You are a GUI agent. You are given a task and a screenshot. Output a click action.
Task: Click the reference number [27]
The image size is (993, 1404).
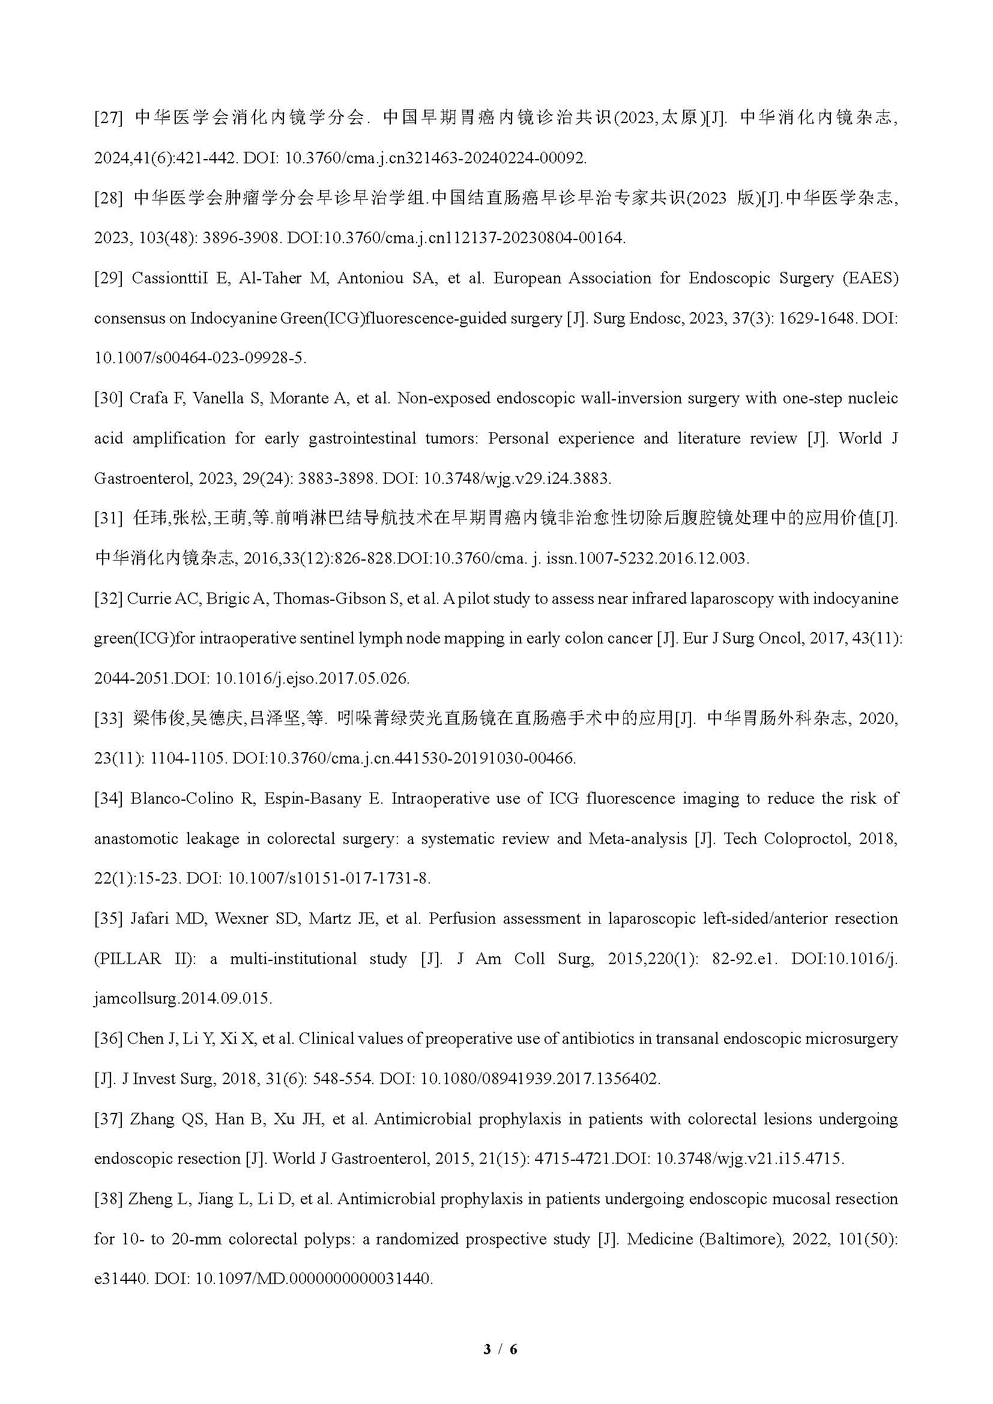pyautogui.click(x=108, y=118)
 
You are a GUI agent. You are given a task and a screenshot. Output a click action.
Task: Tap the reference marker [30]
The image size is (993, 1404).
pyautogui.click(x=108, y=399)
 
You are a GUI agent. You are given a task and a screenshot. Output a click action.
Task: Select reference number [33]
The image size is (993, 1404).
pyautogui.click(x=108, y=719)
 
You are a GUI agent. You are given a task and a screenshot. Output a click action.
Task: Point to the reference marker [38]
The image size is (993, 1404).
pyautogui.click(x=108, y=1199)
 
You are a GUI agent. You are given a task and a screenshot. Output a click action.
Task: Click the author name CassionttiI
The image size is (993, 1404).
pyautogui.click(x=169, y=279)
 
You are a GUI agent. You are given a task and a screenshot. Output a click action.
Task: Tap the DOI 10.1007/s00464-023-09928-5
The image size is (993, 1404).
pyautogui.click(x=200, y=358)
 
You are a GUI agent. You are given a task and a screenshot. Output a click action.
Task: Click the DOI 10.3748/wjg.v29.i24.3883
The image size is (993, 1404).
pyautogui.click(x=517, y=478)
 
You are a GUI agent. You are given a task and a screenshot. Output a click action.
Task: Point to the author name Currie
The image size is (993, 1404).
pyautogui.click(x=148, y=598)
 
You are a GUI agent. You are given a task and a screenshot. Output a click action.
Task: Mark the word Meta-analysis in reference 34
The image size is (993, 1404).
pyautogui.click(x=638, y=839)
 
